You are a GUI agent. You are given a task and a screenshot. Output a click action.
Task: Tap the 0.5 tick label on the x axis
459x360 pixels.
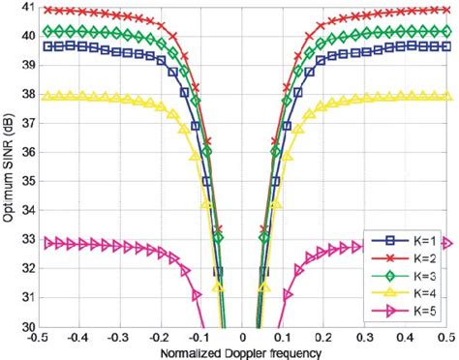pyautogui.click(x=446, y=340)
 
